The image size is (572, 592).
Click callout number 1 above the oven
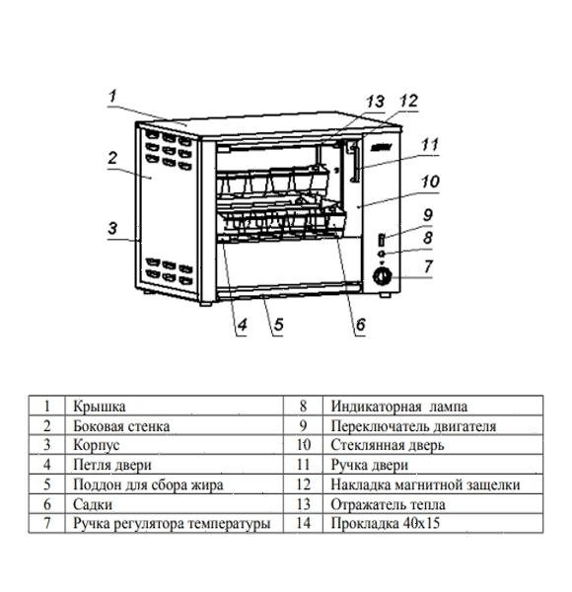(x=112, y=96)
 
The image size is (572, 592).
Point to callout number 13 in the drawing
(x=375, y=102)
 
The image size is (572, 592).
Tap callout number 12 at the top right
(x=408, y=101)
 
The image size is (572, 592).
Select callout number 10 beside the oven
(x=430, y=182)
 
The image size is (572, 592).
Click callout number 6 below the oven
(x=360, y=325)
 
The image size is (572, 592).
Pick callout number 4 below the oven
(x=242, y=325)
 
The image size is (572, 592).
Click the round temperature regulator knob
(x=382, y=276)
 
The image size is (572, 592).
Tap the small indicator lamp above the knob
(x=382, y=254)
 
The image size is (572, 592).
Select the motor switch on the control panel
(x=382, y=240)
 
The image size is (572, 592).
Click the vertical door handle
(x=355, y=163)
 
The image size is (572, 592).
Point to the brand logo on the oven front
(x=382, y=148)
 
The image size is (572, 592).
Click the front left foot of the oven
(x=206, y=303)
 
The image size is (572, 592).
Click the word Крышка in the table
(x=100, y=407)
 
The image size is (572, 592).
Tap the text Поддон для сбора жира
(x=148, y=484)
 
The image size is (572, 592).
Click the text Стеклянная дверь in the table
(x=388, y=446)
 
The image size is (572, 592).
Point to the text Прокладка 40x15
(x=386, y=523)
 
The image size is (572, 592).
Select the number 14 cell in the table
(x=304, y=523)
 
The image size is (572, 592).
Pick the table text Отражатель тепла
(x=388, y=504)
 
